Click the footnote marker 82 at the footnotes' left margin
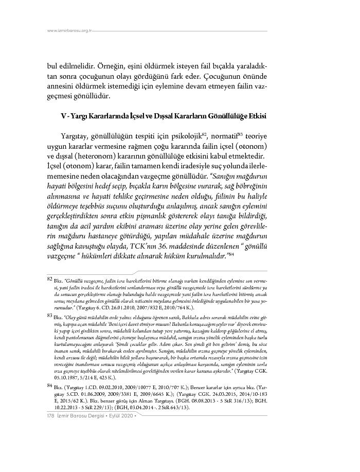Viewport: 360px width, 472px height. click(x=50, y=279)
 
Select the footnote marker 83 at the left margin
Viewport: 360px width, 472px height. click(x=50, y=313)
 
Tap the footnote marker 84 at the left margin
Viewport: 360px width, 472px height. click(x=50, y=385)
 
